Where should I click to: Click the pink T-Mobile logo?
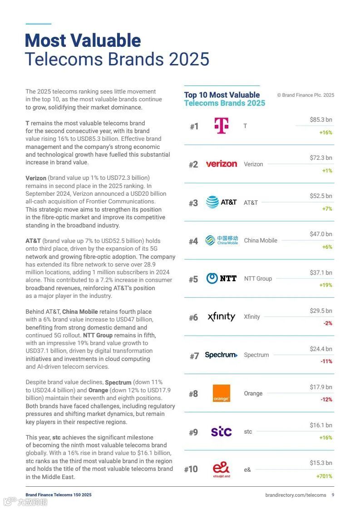click(x=222, y=126)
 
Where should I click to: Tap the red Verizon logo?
click(x=222, y=164)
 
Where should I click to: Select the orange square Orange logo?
click(x=222, y=393)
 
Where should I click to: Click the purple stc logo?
click(x=222, y=431)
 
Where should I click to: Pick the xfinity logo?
click(x=222, y=316)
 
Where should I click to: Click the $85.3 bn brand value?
click(x=321, y=120)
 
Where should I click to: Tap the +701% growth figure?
click(x=324, y=476)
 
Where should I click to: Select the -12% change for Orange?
click(x=326, y=400)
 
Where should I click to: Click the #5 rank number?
click(x=193, y=279)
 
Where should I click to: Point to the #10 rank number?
click(x=191, y=469)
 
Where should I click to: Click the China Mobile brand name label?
click(x=261, y=240)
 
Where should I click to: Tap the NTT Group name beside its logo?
click(x=258, y=278)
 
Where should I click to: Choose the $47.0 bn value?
click(x=321, y=234)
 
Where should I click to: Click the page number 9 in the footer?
click(x=333, y=495)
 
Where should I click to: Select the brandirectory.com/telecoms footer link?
click(x=296, y=495)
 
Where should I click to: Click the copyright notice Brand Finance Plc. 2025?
click(x=306, y=95)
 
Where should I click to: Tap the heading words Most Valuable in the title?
click(x=83, y=41)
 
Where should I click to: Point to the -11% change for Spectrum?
click(x=326, y=361)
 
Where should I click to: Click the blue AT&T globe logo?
click(x=212, y=202)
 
